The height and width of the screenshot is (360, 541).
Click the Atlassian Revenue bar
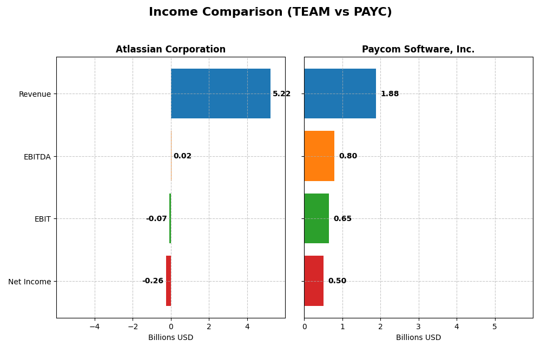[x=221, y=94]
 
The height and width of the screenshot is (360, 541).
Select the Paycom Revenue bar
[x=340, y=94]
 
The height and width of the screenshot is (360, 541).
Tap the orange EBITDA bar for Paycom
[x=319, y=156]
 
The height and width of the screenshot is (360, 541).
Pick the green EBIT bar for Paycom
[x=316, y=218]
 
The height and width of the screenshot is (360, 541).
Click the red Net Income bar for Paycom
[x=314, y=281]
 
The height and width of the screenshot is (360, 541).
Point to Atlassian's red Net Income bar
[x=168, y=281]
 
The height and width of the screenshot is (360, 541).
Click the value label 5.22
[x=281, y=94]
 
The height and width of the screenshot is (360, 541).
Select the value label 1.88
[x=390, y=94]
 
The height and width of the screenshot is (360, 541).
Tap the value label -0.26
[x=153, y=281]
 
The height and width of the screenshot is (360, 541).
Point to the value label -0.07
[x=156, y=219]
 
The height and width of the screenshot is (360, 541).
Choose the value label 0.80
[x=348, y=156]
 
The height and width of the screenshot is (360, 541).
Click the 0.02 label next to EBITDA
[x=182, y=156]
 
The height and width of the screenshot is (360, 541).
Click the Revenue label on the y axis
[x=35, y=94]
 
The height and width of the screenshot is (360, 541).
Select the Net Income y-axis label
[x=29, y=282]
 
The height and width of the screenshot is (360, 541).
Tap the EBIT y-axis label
[x=42, y=219]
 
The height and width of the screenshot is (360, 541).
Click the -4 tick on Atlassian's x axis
[x=95, y=326]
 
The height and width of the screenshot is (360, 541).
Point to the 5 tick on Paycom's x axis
[x=494, y=326]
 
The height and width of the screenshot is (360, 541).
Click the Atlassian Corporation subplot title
[x=170, y=50]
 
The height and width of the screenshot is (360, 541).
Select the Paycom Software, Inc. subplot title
[x=418, y=50]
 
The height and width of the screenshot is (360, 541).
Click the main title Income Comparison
[x=270, y=12]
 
